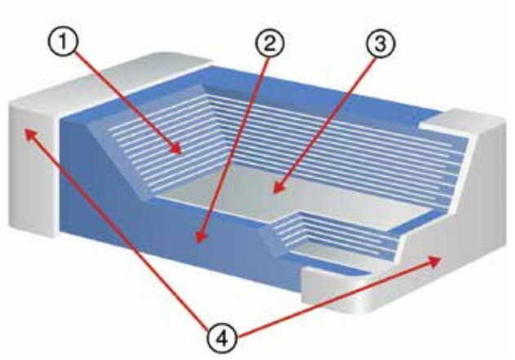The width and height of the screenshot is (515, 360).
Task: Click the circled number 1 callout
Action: [x=64, y=42]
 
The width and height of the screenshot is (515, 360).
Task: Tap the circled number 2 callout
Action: [x=269, y=43]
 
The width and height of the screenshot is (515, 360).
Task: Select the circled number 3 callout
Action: [x=380, y=43]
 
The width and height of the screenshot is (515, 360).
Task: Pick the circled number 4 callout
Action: [x=222, y=338]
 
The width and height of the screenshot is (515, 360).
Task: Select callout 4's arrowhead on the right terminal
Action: [x=436, y=261]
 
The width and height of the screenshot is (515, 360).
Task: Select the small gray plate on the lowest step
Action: [x=342, y=255]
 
